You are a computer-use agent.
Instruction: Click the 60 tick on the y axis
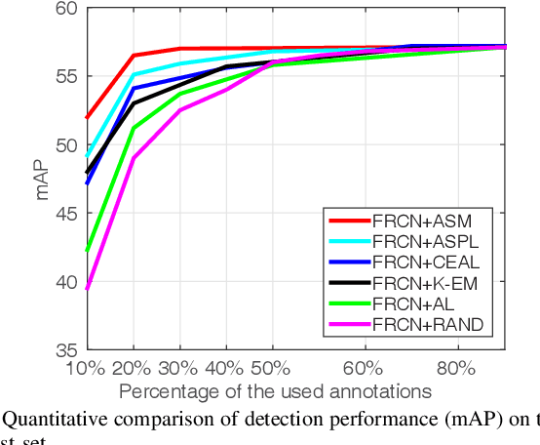[67, 9]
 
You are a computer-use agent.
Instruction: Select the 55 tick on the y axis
[67, 76]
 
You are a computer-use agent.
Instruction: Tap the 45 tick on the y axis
[67, 213]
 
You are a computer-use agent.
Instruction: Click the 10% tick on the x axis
[86, 369]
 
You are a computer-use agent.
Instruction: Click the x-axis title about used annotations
[276, 391]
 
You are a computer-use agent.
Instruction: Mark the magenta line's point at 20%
[133, 157]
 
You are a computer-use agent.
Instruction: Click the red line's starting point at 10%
[87, 117]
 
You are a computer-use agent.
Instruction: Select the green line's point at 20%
[133, 128]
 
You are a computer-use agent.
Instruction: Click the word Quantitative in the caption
[49, 421]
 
